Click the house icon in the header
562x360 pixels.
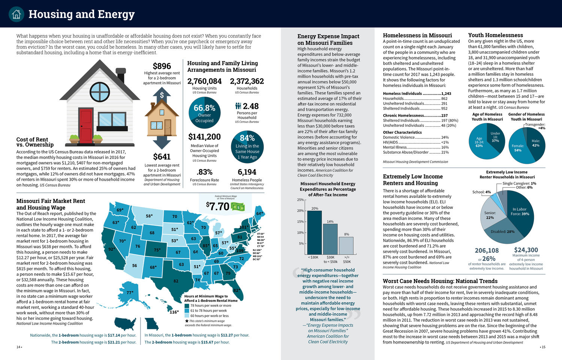(x=16, y=14)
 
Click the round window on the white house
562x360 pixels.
(x=100, y=92)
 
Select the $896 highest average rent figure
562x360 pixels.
(x=162, y=66)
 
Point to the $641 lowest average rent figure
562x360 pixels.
(x=162, y=156)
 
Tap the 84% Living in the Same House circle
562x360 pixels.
(x=247, y=146)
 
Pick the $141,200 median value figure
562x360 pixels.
(x=204, y=137)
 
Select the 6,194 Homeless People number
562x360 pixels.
(x=247, y=172)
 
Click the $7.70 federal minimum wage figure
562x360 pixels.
(x=218, y=206)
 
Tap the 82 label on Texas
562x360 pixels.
(x=176, y=281)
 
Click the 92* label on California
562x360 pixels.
(x=111, y=249)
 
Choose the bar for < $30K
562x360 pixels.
(x=314, y=232)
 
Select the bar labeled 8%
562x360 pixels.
(x=346, y=246)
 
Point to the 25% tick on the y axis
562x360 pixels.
(x=300, y=200)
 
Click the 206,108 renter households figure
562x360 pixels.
(x=487, y=250)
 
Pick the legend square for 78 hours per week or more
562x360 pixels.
(x=187, y=306)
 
